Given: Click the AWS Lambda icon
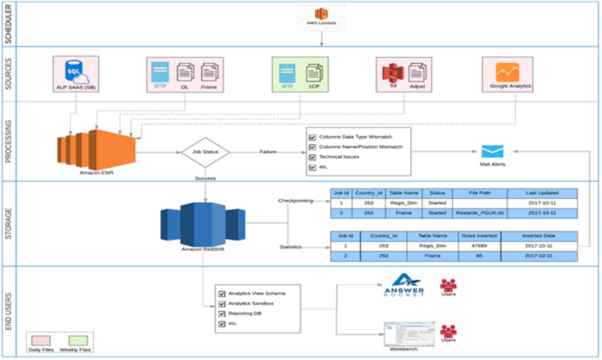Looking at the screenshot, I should (321, 14).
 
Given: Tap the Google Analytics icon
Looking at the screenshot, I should (507, 72).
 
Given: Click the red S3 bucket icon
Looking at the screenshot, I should (393, 73).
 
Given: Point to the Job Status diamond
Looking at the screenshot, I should (205, 152).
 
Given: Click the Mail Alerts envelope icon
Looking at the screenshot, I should (492, 151).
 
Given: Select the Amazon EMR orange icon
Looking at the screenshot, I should (97, 150).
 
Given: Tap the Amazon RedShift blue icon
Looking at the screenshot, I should (203, 224).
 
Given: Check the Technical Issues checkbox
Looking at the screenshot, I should (313, 157).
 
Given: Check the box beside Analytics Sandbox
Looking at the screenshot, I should (222, 304).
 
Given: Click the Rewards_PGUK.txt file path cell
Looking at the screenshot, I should (480, 213).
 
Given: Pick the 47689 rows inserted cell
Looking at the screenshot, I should (479, 246).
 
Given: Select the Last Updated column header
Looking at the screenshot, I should (542, 193).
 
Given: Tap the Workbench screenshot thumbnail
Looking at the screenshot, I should (409, 334).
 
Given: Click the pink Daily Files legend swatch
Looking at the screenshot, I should (41, 341).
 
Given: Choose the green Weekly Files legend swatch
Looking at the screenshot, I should (78, 341).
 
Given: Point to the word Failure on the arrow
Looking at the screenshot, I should (268, 152).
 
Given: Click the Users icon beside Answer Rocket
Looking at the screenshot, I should (448, 285).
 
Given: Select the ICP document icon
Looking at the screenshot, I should (314, 73).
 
